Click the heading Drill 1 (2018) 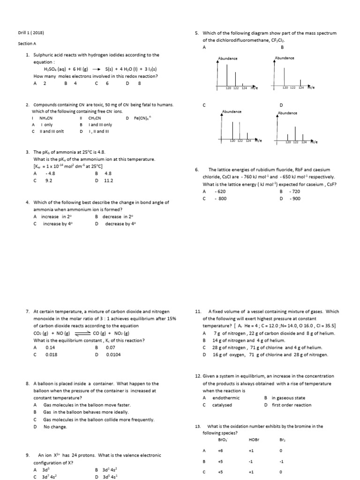[x=31, y=33]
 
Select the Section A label [x=27, y=44]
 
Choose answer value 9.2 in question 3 [x=48, y=180]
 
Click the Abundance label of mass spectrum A [x=228, y=58]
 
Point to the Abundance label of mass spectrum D [x=287, y=113]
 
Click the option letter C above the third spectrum [x=204, y=105]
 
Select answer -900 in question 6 [x=295, y=199]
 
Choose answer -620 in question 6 [x=220, y=192]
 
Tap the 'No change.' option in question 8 [x=55, y=427]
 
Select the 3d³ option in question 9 [x=48, y=470]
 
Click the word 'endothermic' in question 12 [x=226, y=398]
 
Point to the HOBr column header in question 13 [x=254, y=440]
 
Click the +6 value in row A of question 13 [x=220, y=451]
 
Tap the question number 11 [x=198, y=311]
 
